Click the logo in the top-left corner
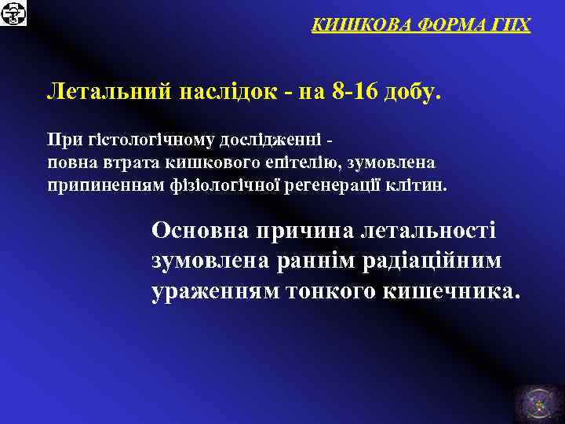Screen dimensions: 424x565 pyautogui.click(x=13, y=13)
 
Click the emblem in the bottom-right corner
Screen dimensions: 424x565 pyautogui.click(x=538, y=400)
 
